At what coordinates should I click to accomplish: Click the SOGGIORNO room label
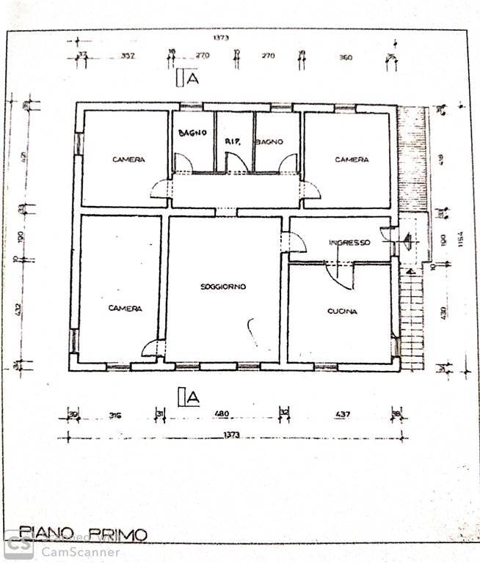click(223, 286)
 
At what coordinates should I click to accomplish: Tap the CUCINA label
click(342, 312)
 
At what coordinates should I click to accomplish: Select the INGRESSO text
click(349, 243)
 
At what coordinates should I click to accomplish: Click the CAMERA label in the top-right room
click(352, 160)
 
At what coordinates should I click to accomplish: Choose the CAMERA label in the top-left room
click(128, 160)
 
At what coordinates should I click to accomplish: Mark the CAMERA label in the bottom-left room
click(125, 309)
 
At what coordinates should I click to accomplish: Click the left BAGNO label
click(193, 133)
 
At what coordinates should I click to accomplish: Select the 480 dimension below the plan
click(221, 415)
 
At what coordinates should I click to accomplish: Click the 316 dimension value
click(114, 416)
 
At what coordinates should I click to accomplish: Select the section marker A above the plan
click(192, 79)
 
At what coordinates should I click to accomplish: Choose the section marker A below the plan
click(192, 397)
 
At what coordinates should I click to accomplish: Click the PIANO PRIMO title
click(83, 534)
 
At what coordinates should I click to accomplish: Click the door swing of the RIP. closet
click(233, 161)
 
